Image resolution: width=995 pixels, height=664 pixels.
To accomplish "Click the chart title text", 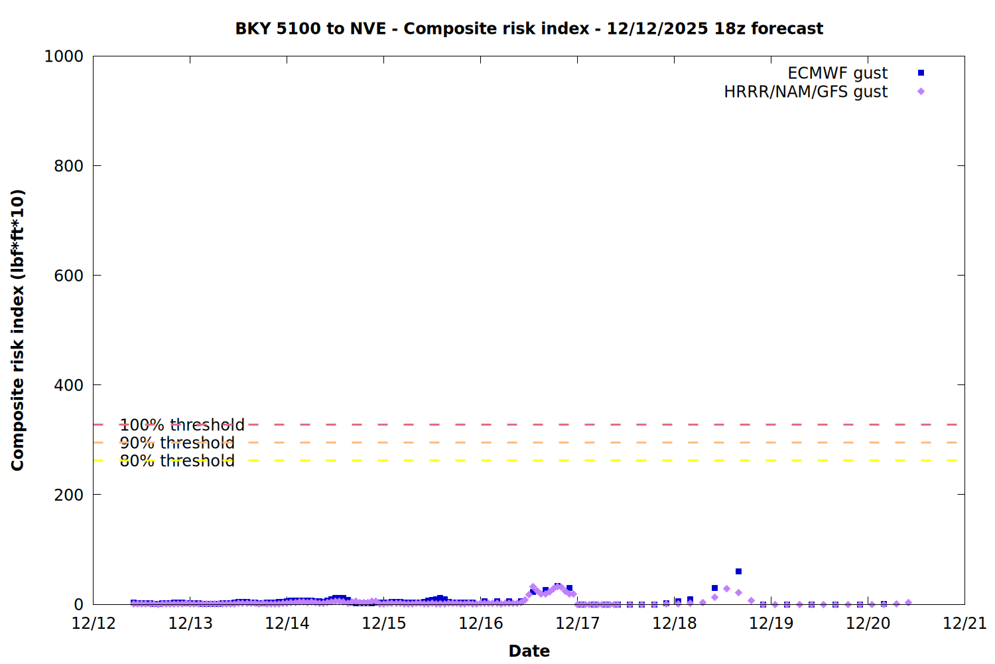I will point(529,29).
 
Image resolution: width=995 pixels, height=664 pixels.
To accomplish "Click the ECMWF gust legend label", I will point(837,73).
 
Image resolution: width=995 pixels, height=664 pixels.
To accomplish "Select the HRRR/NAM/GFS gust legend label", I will point(805,92).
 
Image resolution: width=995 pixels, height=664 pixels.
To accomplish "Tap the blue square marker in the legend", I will point(921,73).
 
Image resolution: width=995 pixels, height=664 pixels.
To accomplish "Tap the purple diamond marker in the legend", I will point(921,92).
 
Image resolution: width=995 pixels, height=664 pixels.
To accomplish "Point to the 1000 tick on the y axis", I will point(64,56).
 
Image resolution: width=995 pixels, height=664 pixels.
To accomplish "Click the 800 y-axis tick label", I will point(69,166).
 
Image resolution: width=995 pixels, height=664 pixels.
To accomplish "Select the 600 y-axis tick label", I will point(69,276).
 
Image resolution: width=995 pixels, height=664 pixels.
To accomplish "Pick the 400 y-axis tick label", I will point(69,385).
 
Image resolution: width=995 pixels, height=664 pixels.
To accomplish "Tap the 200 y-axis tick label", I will point(69,495).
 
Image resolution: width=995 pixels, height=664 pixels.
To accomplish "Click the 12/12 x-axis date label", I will point(94,623).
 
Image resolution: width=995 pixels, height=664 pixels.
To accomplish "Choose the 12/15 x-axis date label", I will point(384,623).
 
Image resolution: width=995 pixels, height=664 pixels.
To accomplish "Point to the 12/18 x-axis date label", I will point(675,623).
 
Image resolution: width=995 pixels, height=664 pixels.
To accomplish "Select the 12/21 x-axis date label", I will point(964,623).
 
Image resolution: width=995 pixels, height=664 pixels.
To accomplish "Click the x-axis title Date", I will point(529,651).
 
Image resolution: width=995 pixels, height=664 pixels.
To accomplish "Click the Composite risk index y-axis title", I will point(18,330).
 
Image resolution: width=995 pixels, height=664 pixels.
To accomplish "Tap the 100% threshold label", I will point(182,425).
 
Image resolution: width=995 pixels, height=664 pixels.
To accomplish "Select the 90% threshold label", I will point(177,443).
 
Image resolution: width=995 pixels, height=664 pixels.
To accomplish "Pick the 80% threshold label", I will point(177,461).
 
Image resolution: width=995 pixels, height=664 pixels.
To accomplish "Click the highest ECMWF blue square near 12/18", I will point(738,572).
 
